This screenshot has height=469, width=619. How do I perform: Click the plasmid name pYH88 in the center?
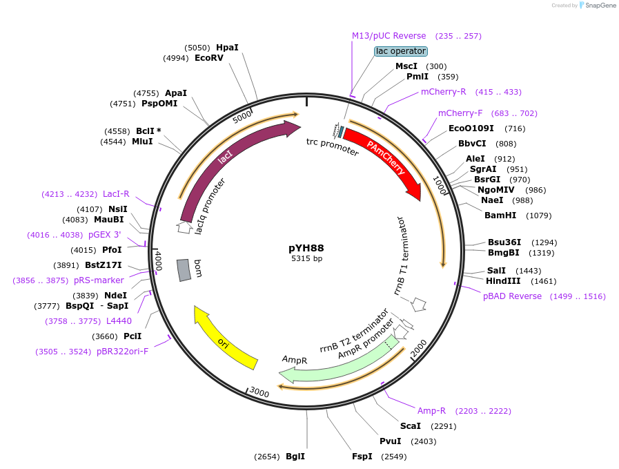(306, 248)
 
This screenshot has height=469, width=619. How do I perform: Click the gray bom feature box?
(184, 270)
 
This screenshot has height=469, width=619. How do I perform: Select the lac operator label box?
(401, 51)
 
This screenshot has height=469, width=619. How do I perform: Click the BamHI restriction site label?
(500, 216)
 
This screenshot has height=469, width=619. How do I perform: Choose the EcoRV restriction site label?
(209, 59)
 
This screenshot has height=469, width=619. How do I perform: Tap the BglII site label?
(295, 457)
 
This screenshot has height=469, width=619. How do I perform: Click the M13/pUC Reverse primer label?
(389, 36)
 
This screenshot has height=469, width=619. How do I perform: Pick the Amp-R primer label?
(431, 411)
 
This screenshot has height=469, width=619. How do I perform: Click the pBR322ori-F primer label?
(122, 352)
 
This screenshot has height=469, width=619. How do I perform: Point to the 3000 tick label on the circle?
(259, 392)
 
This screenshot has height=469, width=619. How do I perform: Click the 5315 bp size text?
(306, 259)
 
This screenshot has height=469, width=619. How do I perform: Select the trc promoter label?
(333, 146)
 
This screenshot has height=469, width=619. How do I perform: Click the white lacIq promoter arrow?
(184, 226)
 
